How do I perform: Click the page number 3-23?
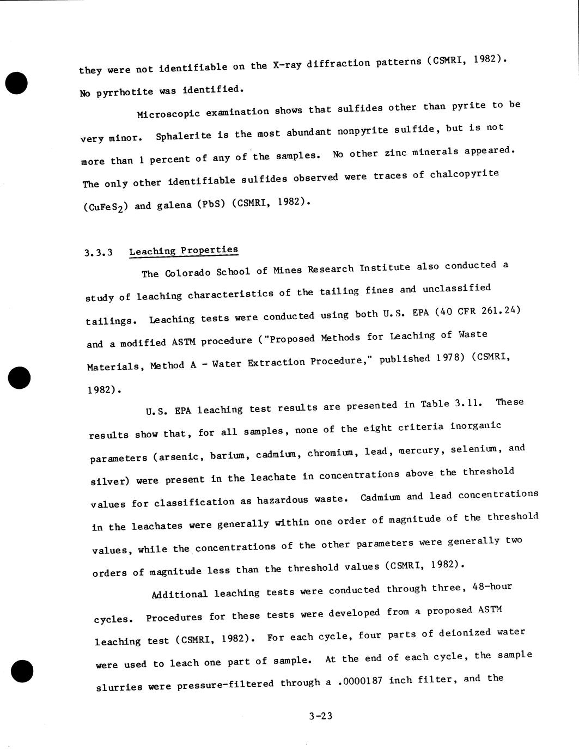tap(320, 716)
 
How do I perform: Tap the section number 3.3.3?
tap(99, 253)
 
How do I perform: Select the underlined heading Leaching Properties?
tap(184, 251)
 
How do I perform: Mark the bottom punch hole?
tap(22, 670)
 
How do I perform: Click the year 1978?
tap(449, 358)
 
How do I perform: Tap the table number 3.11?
tap(468, 404)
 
